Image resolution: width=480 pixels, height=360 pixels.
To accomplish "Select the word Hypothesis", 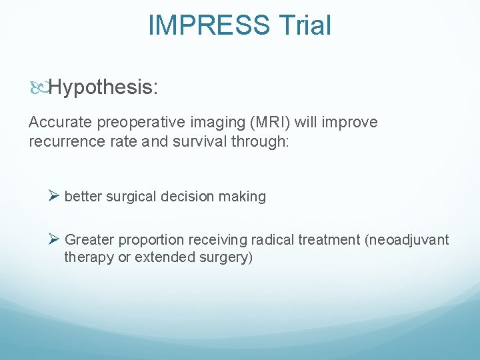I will [103, 87].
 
